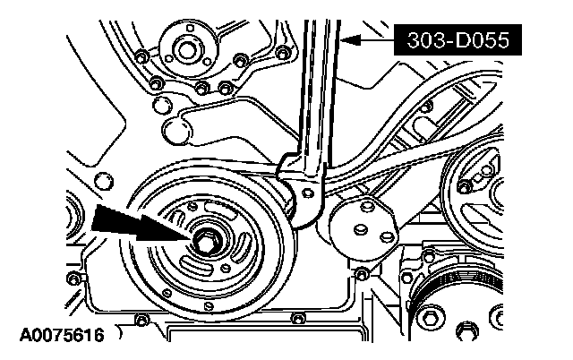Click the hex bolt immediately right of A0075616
[141, 321]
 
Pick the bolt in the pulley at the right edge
[465, 186]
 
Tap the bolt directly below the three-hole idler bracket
[361, 272]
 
